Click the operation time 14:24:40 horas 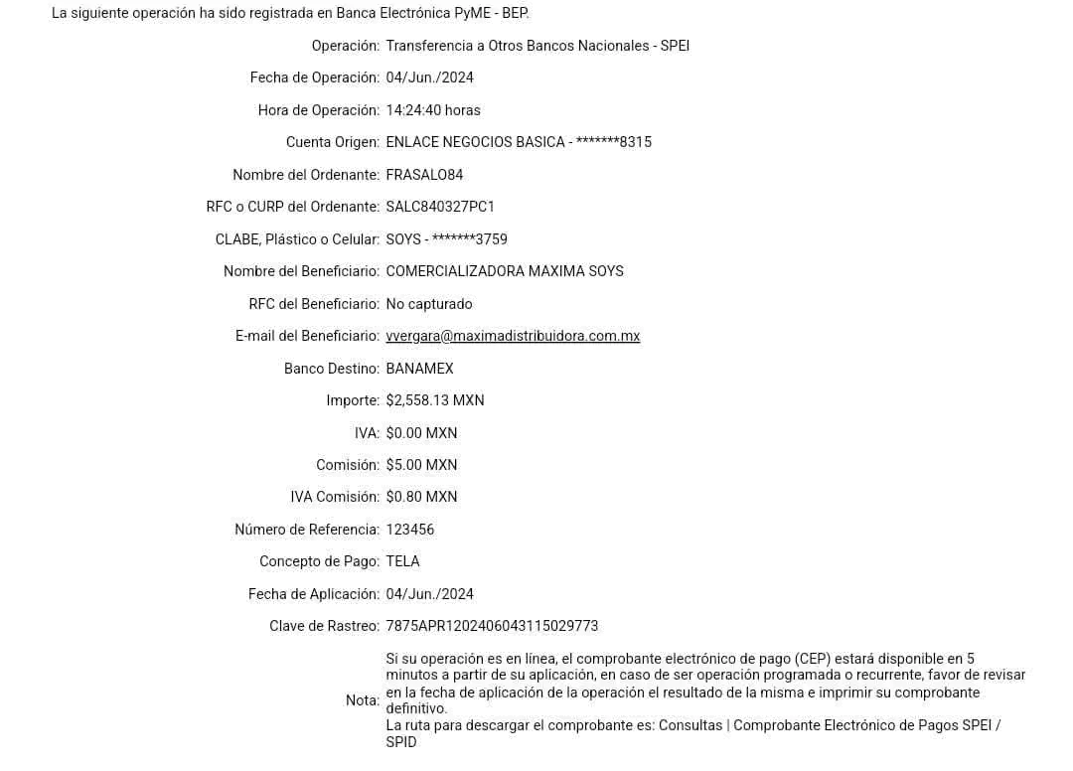434,110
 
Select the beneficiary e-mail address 513,336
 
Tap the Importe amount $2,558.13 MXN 435,400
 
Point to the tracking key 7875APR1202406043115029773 493,626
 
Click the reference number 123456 410,530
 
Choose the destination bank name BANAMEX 419,369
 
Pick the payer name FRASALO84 425,175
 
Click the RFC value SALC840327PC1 439,207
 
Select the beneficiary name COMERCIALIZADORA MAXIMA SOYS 505,271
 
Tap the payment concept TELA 403,561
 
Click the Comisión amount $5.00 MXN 422,465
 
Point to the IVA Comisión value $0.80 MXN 422,497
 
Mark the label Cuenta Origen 333,142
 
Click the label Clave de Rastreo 325,626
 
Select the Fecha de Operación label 314,78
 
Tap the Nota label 362,700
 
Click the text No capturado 429,303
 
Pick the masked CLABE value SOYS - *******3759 447,239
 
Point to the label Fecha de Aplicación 314,594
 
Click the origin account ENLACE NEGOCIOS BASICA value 518,142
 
